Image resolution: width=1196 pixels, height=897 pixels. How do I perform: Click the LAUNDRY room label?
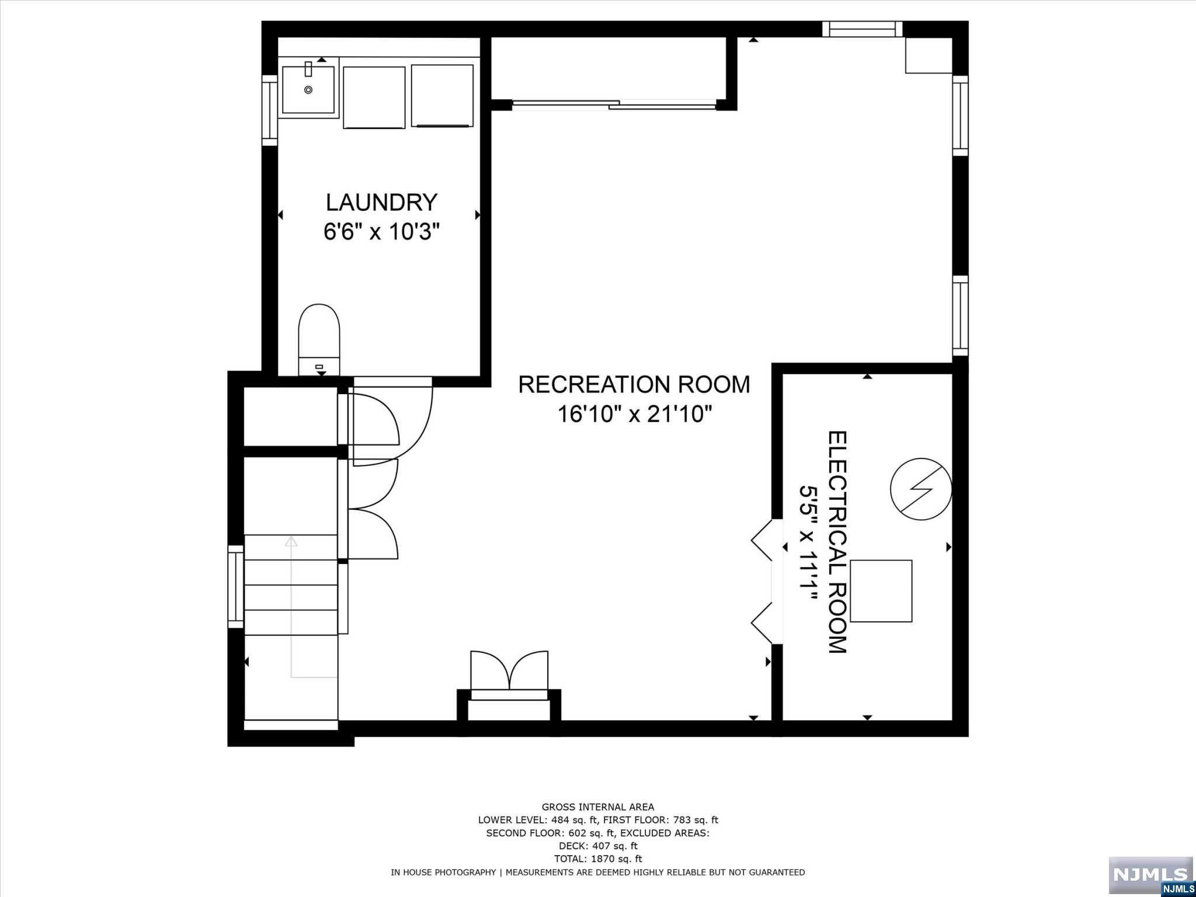[x=381, y=202]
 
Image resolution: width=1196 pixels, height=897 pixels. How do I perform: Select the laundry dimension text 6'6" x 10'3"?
[x=381, y=232]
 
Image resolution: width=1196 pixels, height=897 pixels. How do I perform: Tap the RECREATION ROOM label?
[x=634, y=384]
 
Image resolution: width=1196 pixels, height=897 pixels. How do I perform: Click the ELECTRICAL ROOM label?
[x=837, y=542]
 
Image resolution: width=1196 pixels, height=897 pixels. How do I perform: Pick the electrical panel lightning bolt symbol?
[x=921, y=489]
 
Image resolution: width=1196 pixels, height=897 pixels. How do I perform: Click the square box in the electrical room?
[x=881, y=591]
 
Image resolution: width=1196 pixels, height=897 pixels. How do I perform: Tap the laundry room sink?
[x=308, y=89]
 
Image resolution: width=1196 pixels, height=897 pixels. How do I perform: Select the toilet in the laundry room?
[x=319, y=339]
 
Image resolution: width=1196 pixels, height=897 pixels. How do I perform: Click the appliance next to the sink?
[x=374, y=97]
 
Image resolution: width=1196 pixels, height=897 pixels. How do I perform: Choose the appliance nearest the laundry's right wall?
[x=442, y=96]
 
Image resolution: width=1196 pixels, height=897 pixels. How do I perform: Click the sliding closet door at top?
[x=613, y=105]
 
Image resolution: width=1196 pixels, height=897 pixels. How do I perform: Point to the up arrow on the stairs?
[x=291, y=541]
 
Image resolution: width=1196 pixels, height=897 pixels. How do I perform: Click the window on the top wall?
[x=862, y=29]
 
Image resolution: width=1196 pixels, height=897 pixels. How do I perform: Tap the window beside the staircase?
[x=235, y=586]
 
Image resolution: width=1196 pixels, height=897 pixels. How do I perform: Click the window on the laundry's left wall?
[x=269, y=110]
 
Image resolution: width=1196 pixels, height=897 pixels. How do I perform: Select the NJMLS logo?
[x=1150, y=874]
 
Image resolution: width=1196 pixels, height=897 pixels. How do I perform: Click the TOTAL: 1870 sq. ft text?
[x=597, y=858]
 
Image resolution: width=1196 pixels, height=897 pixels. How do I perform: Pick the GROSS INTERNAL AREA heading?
[x=597, y=807]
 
